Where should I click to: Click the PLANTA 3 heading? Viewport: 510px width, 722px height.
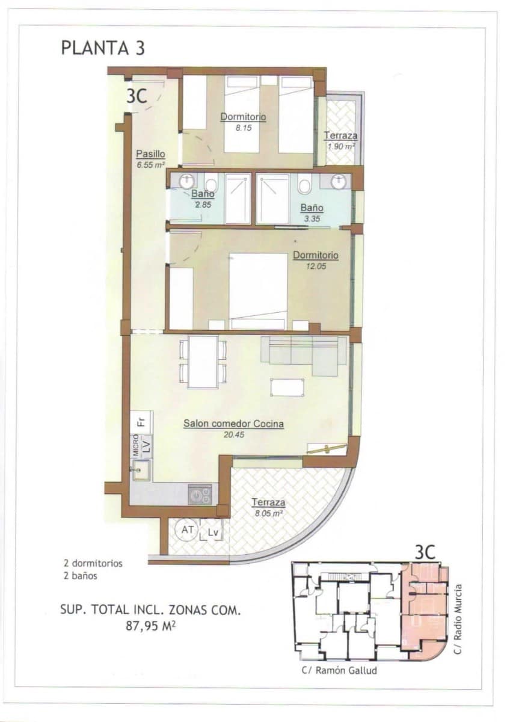pos(103,48)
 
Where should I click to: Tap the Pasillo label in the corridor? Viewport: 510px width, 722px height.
pos(150,153)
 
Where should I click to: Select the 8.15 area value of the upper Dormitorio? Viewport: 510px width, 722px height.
pos(243,128)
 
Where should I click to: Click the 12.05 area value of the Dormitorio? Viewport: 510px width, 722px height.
pos(315,266)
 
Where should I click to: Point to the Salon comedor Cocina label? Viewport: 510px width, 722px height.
pos(233,424)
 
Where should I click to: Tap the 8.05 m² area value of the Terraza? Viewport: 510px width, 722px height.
pos(268,513)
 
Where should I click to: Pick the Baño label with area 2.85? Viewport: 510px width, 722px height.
pos(203,194)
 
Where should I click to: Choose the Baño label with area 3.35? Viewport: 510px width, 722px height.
pos(312,208)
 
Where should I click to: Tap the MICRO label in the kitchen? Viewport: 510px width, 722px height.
pos(136,445)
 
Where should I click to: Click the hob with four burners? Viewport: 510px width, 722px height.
pos(200,495)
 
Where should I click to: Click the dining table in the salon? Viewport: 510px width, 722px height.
pos(203,361)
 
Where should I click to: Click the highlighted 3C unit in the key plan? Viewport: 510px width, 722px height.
pos(424,608)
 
